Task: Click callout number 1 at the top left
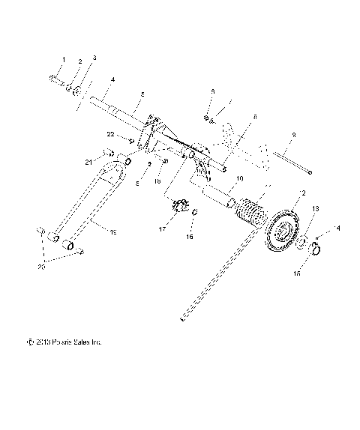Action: click(x=64, y=59)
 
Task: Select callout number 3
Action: click(x=94, y=58)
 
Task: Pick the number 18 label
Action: click(x=158, y=181)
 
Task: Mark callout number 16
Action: click(x=190, y=236)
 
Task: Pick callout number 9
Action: click(x=293, y=135)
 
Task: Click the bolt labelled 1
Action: click(x=57, y=79)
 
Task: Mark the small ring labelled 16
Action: click(x=194, y=214)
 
